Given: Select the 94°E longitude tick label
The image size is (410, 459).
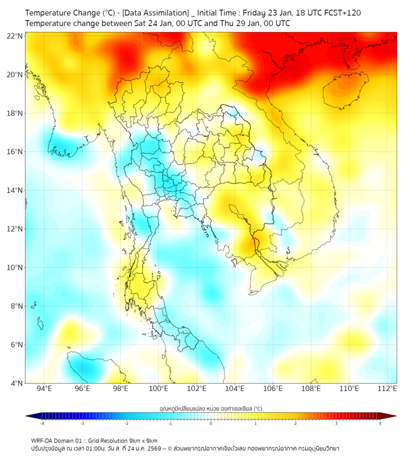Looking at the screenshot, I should [x=44, y=389].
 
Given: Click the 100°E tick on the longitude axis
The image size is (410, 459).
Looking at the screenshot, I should [x=158, y=389].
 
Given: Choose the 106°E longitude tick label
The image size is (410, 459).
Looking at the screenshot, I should [x=273, y=389].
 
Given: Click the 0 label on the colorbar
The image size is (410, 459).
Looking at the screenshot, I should [x=211, y=423].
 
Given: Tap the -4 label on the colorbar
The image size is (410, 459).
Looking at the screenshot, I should [x=41, y=423].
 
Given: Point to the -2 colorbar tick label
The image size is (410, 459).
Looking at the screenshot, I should [x=126, y=423].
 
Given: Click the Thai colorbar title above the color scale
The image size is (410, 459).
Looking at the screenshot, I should [x=210, y=409].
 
